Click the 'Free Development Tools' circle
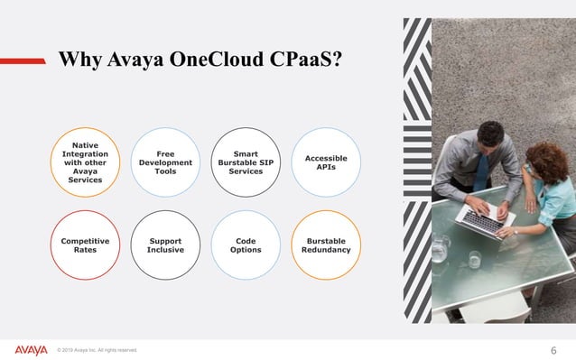tap(165, 162)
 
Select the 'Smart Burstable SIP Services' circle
tap(245, 162)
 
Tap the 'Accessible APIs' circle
tap(325, 162)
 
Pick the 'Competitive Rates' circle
tap(85, 245)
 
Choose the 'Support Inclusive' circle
tap(165, 245)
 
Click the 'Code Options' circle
tap(245, 245)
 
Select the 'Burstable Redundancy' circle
tap(325, 245)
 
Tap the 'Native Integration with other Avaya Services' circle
tap(85, 162)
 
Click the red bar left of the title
tap(23, 60)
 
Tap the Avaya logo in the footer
tap(31, 350)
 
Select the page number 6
tap(553, 350)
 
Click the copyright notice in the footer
tap(97, 351)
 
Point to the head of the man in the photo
tap(489, 137)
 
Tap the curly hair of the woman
tap(544, 158)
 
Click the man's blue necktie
tap(482, 171)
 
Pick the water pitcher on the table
tap(440, 246)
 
